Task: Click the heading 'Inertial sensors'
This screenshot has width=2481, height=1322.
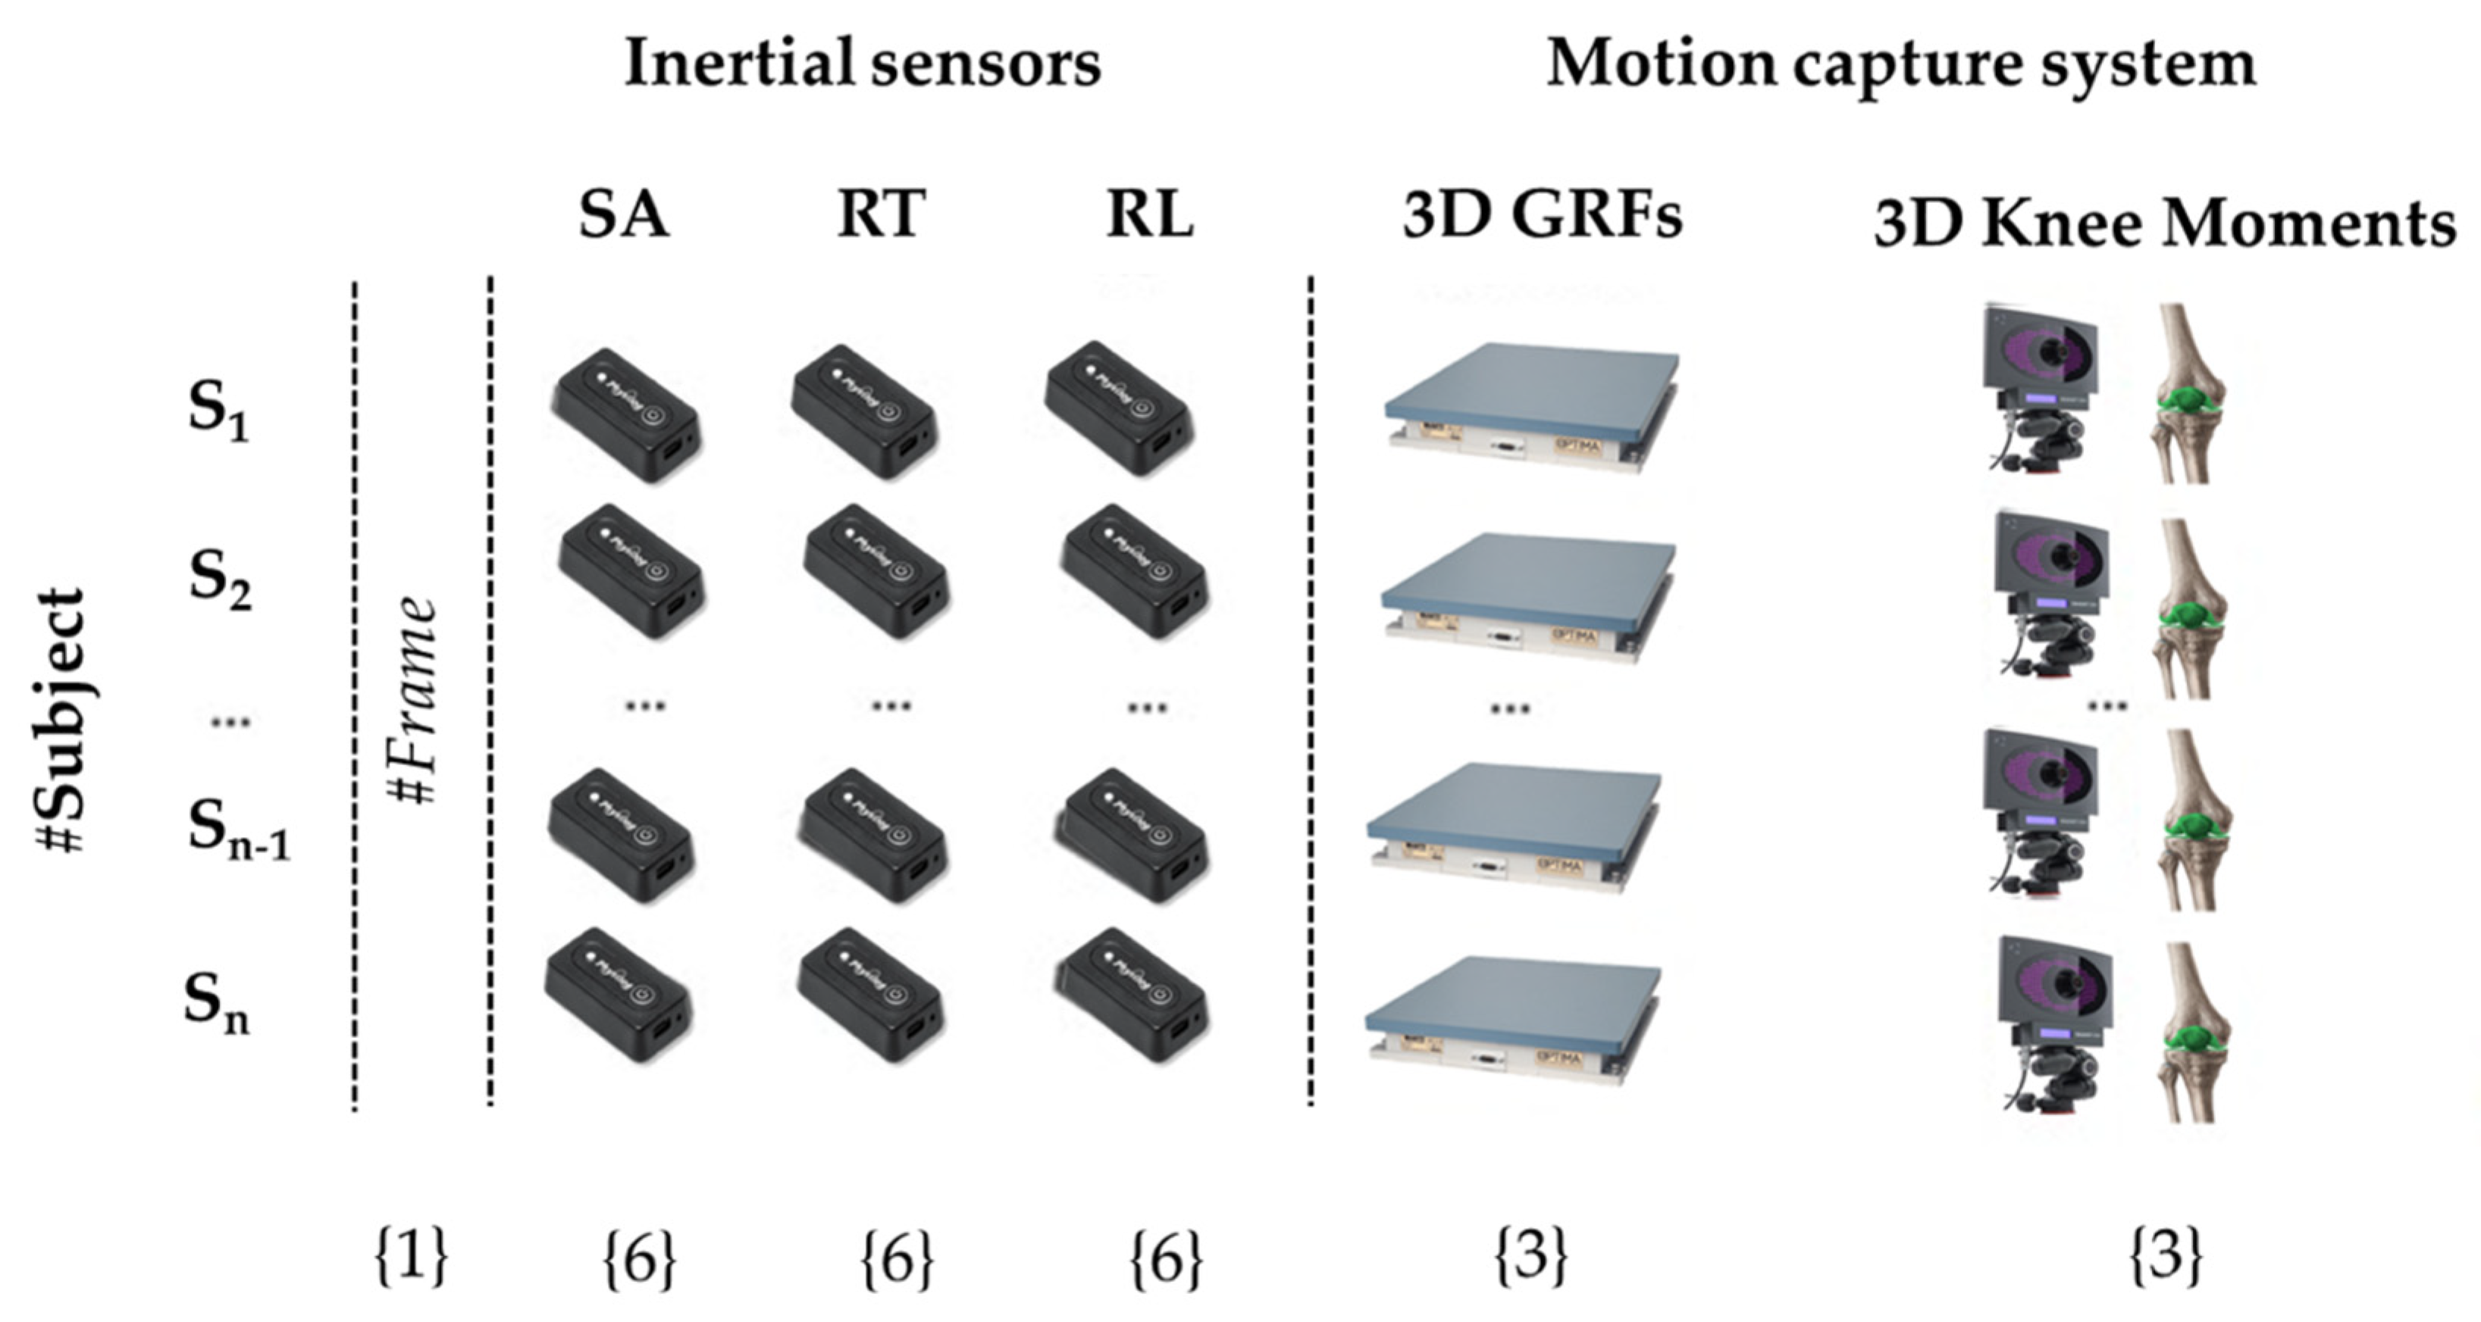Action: tap(862, 64)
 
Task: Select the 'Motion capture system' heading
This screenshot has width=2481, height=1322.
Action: tap(1900, 64)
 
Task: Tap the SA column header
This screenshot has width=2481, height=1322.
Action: tap(623, 214)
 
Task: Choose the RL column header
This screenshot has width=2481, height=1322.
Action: tap(1150, 214)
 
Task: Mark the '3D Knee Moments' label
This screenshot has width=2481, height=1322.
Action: tap(2164, 224)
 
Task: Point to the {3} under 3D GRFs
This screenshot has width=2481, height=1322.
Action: tap(1530, 1255)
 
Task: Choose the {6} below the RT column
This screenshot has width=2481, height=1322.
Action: tap(897, 1259)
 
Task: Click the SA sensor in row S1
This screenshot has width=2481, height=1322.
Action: tap(626, 414)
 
